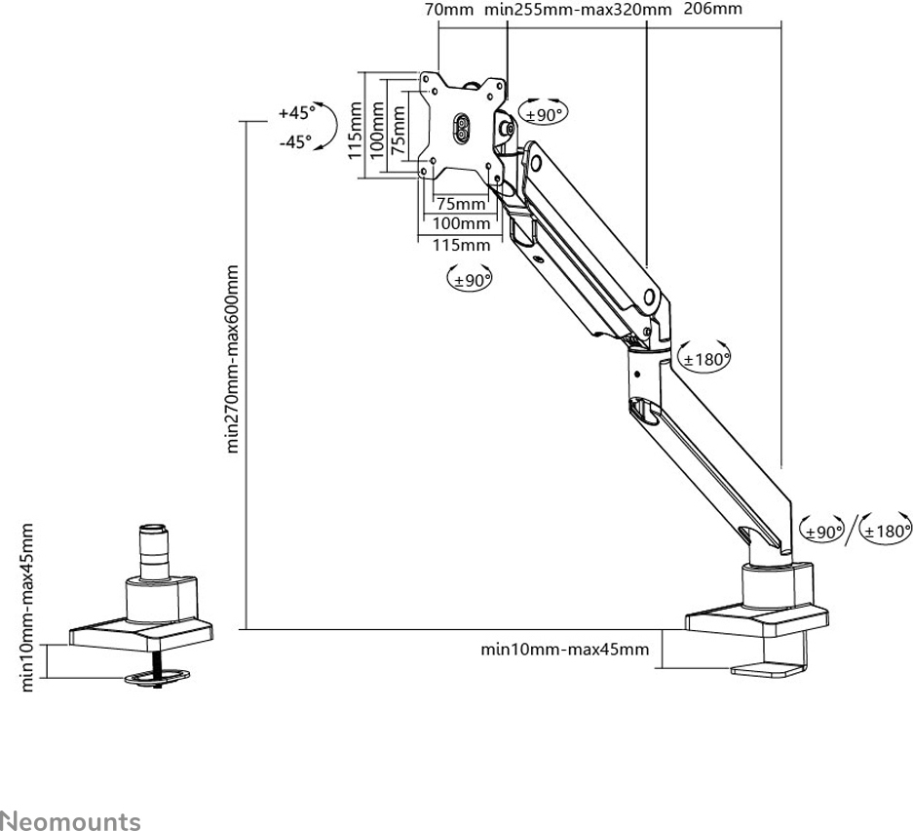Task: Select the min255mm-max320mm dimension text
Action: [578, 10]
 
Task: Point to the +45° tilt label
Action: [295, 112]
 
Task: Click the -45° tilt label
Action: [295, 141]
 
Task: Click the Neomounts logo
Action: [70, 795]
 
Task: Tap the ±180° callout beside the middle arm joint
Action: [705, 359]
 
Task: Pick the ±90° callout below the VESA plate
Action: [470, 280]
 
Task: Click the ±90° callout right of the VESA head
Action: [546, 114]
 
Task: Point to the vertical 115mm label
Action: [355, 125]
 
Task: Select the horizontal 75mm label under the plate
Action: [460, 205]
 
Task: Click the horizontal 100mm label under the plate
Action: [462, 224]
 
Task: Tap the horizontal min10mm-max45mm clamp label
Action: [564, 649]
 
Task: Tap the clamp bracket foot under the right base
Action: [769, 672]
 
